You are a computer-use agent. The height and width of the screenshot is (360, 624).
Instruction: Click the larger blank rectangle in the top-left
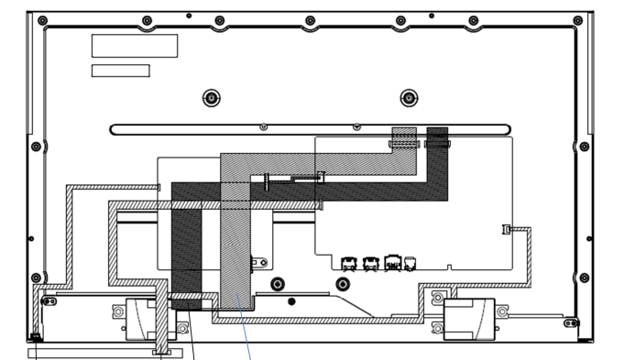(135, 45)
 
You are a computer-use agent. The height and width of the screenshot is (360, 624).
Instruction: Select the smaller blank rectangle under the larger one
(120, 71)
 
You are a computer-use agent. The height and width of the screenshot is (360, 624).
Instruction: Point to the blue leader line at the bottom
(246, 339)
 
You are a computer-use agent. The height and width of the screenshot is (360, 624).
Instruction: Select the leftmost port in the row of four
(349, 264)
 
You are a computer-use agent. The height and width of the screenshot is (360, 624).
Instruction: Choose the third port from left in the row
(392, 264)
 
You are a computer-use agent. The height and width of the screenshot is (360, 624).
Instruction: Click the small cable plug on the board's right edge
(505, 228)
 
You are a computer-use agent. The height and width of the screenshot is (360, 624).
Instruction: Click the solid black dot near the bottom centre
(291, 300)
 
